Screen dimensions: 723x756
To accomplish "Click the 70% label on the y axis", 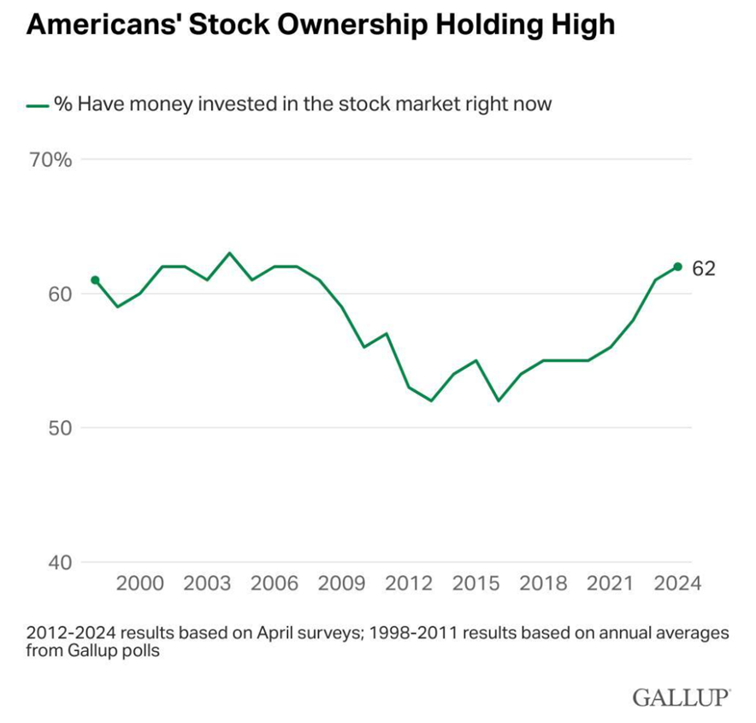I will [52, 160].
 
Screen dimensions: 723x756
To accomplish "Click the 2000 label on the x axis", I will [139, 584].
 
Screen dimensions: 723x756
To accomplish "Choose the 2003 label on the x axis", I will [207, 584].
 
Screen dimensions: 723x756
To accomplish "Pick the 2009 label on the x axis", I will [341, 584].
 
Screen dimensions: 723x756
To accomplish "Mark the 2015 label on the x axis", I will [475, 584].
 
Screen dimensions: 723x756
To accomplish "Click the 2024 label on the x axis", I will [677, 584].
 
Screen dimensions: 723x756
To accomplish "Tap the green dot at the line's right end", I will [677, 267].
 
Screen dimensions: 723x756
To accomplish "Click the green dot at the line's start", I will [95, 280].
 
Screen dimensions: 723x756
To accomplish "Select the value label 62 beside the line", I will [703, 269].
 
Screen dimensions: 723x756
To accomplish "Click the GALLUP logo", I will [682, 696].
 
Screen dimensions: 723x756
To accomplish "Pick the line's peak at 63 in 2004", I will [229, 253].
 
